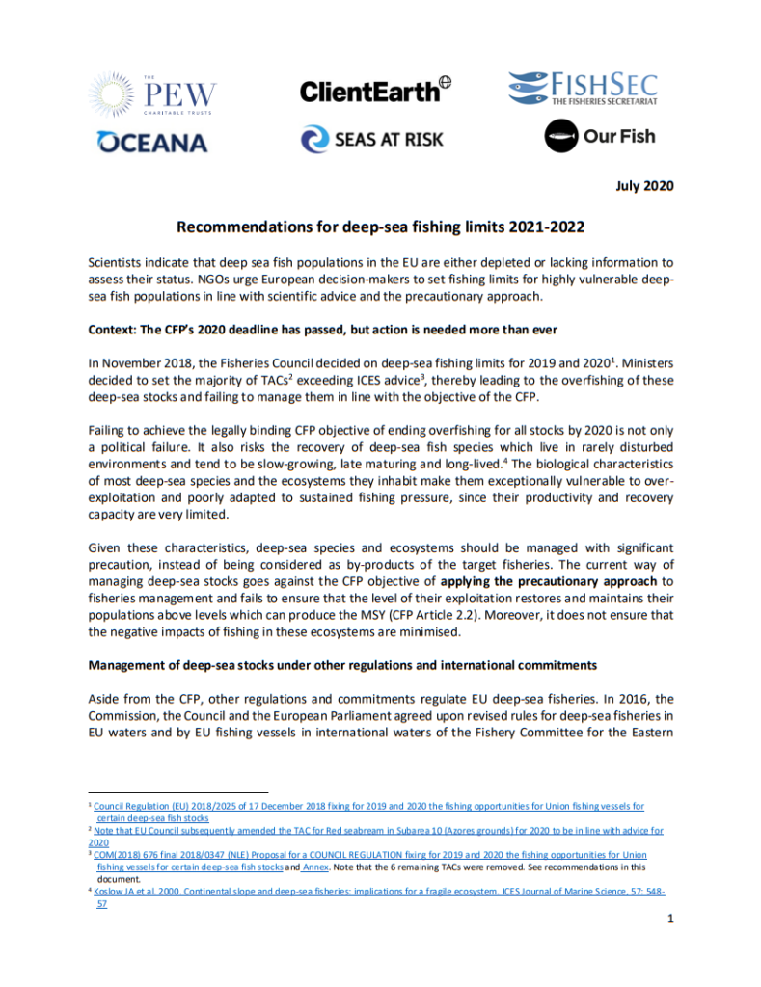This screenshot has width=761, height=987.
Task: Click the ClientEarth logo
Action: (x=375, y=91)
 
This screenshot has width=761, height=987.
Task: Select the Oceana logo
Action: (x=152, y=143)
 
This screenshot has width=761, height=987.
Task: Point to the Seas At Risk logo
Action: (x=372, y=139)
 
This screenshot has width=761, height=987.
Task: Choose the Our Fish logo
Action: (x=599, y=136)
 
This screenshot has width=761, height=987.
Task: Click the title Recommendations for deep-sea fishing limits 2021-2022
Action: (x=380, y=227)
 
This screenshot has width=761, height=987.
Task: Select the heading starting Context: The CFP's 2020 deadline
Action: (x=322, y=330)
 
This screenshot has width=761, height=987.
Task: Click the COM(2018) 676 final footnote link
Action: (x=369, y=854)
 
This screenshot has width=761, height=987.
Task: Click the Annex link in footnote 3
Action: (x=316, y=867)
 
